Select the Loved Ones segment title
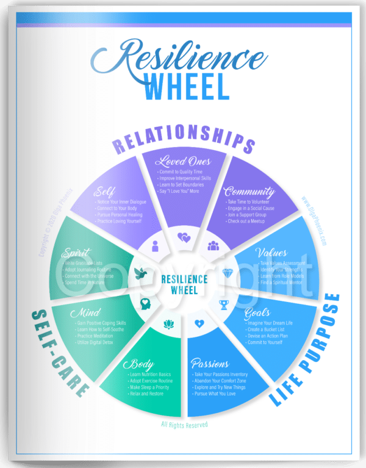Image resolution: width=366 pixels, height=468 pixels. point(183,161)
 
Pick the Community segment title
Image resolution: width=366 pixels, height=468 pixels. point(248,192)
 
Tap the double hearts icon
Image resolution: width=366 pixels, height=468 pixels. point(184,236)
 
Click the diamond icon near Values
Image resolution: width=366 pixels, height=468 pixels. point(227,273)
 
